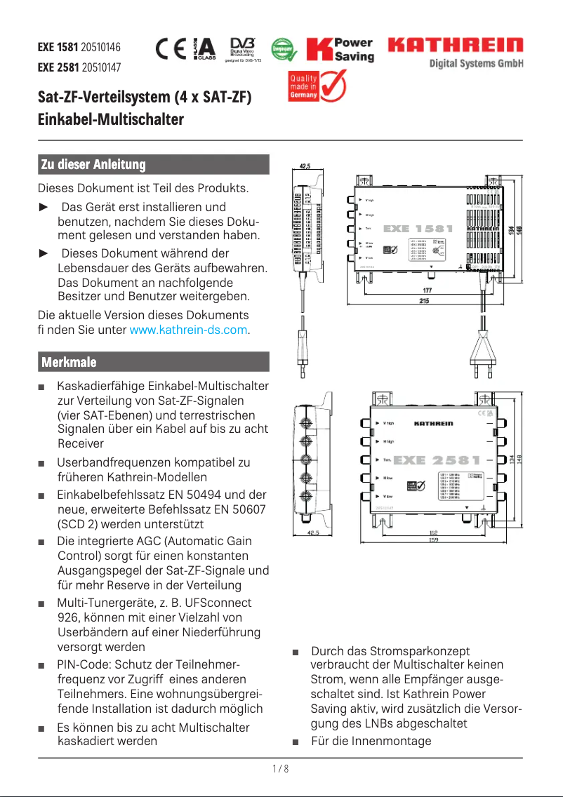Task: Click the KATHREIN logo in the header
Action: point(456,46)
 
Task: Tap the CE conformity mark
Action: point(171,48)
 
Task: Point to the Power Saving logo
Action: point(340,50)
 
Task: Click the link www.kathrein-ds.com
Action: point(190,329)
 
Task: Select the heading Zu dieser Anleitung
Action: point(93,165)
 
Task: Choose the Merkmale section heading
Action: point(69,362)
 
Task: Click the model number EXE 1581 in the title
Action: point(58,48)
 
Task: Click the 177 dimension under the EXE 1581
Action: point(427,290)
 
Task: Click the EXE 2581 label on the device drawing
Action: point(437,461)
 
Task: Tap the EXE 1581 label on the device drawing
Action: point(418,229)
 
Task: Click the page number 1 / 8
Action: point(281,769)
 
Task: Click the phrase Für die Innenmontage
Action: point(371,741)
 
